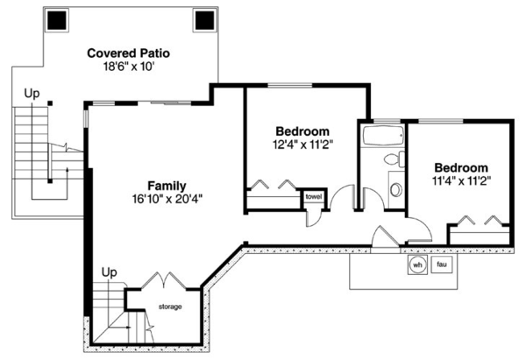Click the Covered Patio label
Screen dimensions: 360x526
pyautogui.click(x=128, y=53)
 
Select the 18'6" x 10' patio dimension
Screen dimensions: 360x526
pyautogui.click(x=128, y=67)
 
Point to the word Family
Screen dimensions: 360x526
pyautogui.click(x=166, y=186)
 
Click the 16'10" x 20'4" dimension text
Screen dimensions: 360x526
pyautogui.click(x=166, y=199)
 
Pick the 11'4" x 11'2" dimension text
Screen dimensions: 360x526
pyautogui.click(x=460, y=181)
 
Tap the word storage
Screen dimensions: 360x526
pyautogui.click(x=170, y=307)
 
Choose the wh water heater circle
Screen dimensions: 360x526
pyautogui.click(x=417, y=265)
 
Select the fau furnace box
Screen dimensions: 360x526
pyautogui.click(x=443, y=265)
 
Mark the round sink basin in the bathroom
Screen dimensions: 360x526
pyautogui.click(x=395, y=188)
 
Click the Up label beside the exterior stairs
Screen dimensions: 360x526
pyautogui.click(x=32, y=91)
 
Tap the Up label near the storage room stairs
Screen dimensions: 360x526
pyautogui.click(x=110, y=272)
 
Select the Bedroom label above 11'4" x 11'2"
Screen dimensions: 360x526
pyautogui.click(x=460, y=168)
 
